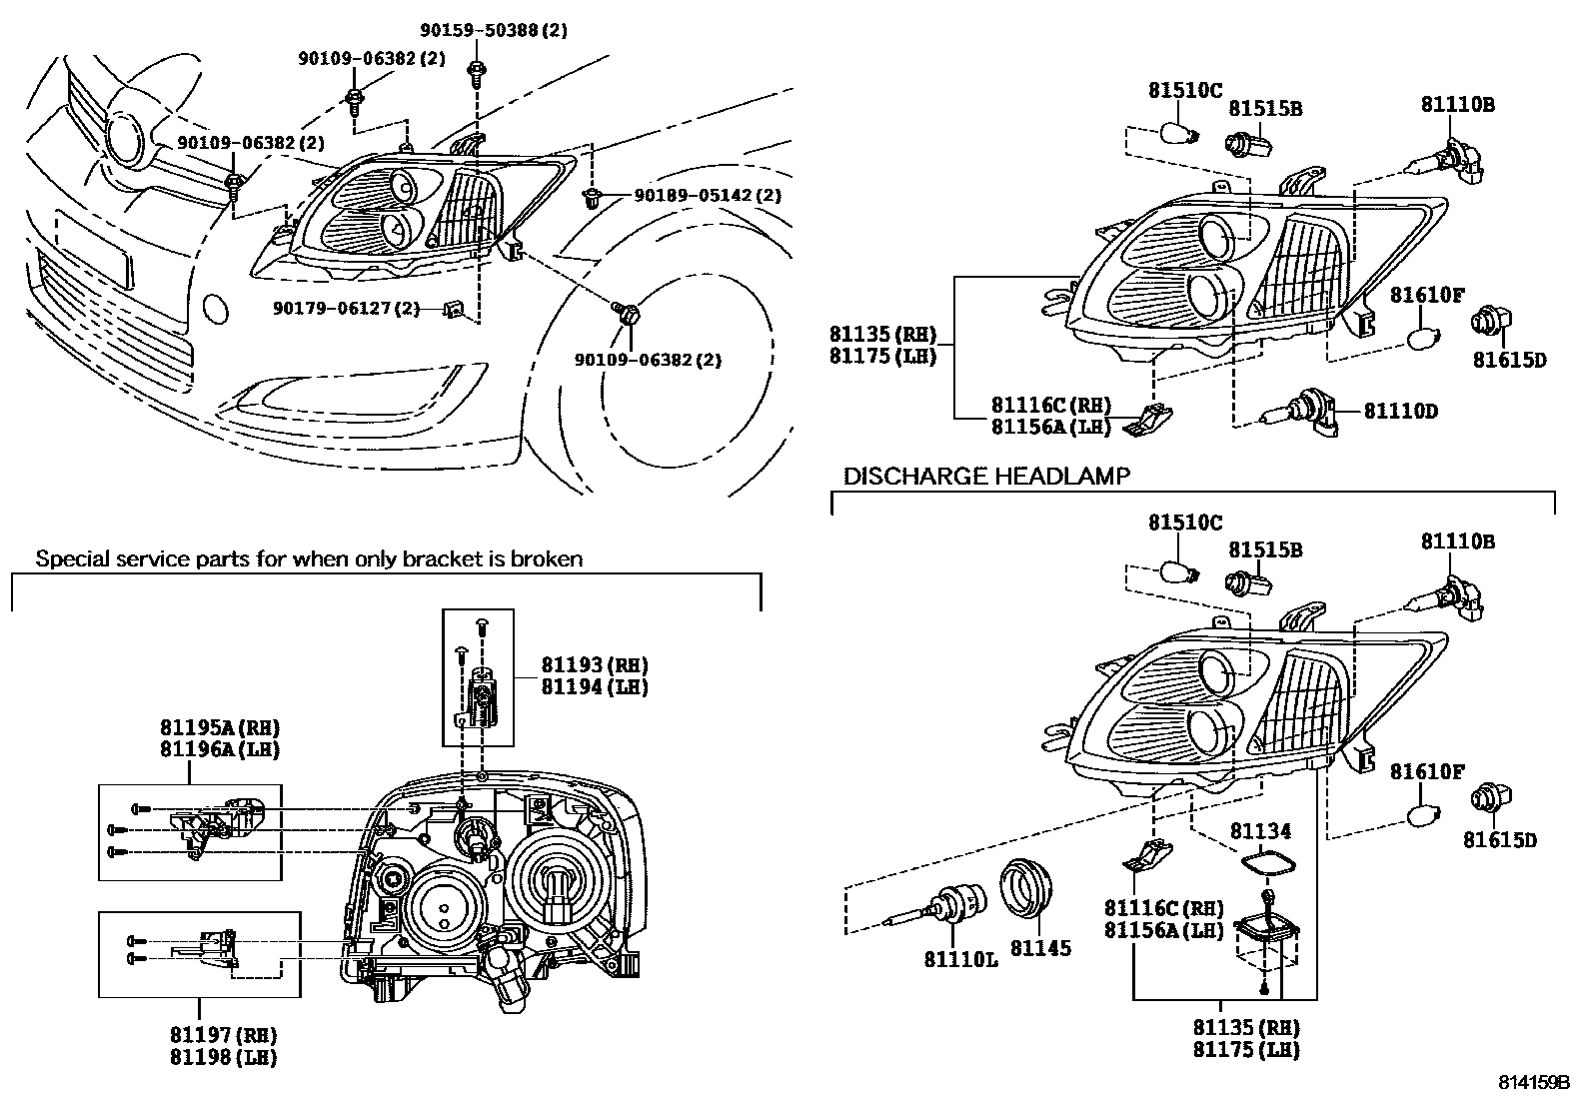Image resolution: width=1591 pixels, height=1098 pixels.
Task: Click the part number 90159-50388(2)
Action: [492, 30]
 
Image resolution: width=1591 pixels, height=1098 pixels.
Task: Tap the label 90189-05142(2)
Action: [708, 195]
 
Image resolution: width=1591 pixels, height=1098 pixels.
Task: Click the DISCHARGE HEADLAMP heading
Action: [986, 476]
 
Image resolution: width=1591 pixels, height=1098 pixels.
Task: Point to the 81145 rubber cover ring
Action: [1027, 886]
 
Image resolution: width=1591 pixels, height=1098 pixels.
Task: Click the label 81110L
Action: [959, 959]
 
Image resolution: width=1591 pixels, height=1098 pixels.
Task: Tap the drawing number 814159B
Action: [1533, 1082]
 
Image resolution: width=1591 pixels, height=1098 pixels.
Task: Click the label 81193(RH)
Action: [595, 664]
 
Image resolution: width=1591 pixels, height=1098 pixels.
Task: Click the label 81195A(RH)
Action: [219, 726]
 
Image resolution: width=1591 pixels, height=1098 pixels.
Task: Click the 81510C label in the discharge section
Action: [1184, 523]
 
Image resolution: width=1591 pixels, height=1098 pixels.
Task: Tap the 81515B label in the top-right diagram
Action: [1264, 109]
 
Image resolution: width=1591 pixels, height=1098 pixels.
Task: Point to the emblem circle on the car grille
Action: [127, 138]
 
